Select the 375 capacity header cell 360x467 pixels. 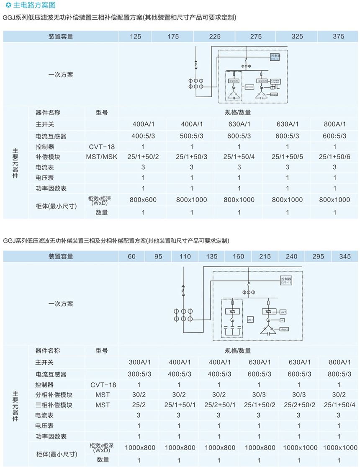coord(339,36)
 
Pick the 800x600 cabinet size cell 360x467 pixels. coord(143,199)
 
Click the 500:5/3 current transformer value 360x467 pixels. coord(191,136)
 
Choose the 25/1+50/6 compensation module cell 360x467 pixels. coord(335,157)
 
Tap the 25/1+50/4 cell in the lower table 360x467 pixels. coord(338,405)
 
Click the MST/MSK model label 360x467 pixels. coord(102,157)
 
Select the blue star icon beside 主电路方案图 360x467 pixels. coord(8,5)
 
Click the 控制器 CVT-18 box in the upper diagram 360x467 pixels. coord(275,57)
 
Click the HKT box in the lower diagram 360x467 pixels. coord(283,312)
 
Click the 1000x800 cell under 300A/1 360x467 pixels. coord(140,448)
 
